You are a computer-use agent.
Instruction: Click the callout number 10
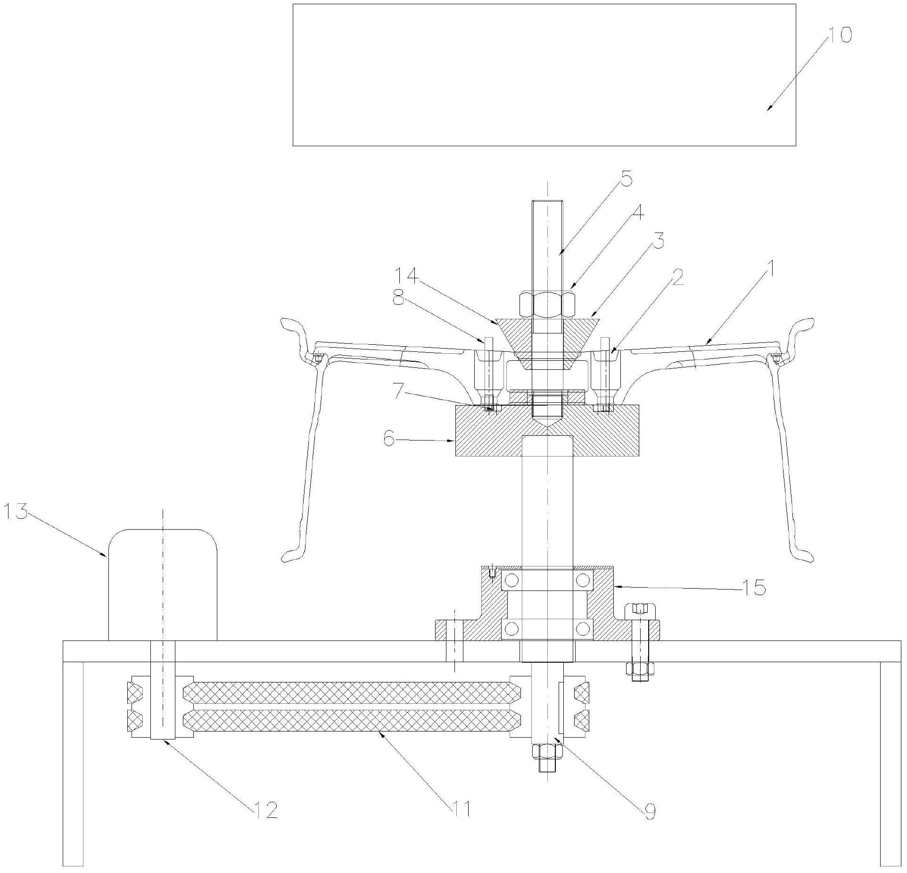(839, 35)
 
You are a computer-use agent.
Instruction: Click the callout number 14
(407, 276)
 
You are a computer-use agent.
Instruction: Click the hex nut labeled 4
(547, 305)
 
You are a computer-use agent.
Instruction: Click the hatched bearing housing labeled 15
(547, 605)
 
